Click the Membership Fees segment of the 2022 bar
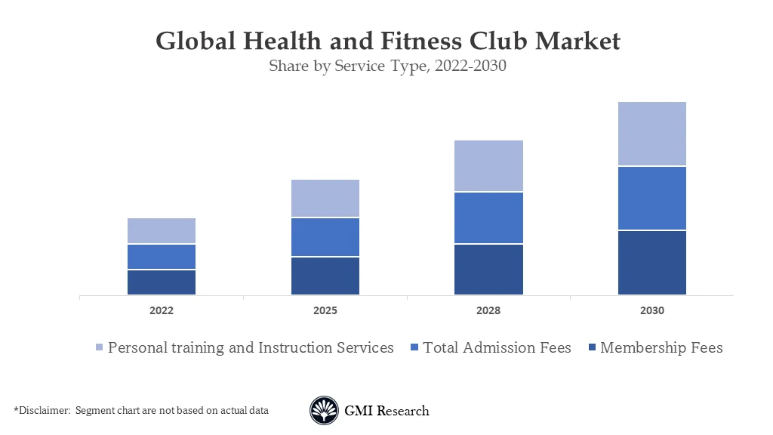click(162, 282)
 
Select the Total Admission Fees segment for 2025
click(325, 237)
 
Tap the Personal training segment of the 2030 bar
click(652, 134)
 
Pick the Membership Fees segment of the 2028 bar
click(488, 269)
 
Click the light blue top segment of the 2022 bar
click(162, 230)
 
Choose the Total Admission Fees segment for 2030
click(652, 198)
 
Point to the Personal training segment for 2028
click(488, 165)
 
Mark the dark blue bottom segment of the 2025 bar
click(325, 276)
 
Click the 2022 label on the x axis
click(162, 310)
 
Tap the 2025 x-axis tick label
click(325, 310)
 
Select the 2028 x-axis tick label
click(488, 310)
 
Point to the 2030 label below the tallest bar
click(652, 310)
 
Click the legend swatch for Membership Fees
click(593, 348)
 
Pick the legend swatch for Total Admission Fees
click(414, 348)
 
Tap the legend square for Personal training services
click(100, 348)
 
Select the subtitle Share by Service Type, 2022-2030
click(387, 66)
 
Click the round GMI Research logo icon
click(324, 411)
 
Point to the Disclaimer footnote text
click(141, 410)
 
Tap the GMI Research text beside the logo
click(386, 411)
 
